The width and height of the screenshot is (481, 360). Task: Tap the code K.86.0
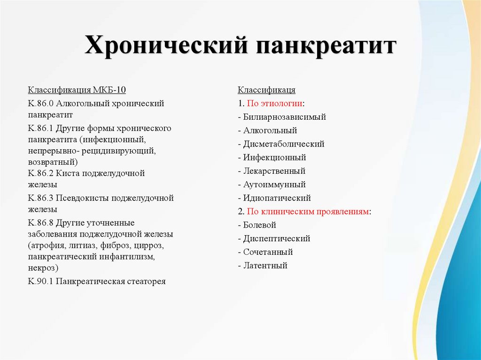(x=42, y=103)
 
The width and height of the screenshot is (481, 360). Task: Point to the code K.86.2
(x=42, y=173)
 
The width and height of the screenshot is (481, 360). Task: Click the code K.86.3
(x=42, y=198)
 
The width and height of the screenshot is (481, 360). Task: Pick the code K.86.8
(x=42, y=222)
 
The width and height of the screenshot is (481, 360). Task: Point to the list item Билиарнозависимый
(x=284, y=117)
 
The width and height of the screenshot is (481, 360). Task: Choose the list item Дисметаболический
(x=284, y=144)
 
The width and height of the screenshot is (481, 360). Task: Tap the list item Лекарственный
(x=274, y=171)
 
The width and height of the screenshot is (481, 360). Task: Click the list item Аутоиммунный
(x=274, y=184)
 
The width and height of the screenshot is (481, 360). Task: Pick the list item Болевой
(x=259, y=225)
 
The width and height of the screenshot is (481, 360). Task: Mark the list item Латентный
(x=265, y=266)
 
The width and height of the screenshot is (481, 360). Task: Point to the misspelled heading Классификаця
(x=266, y=90)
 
